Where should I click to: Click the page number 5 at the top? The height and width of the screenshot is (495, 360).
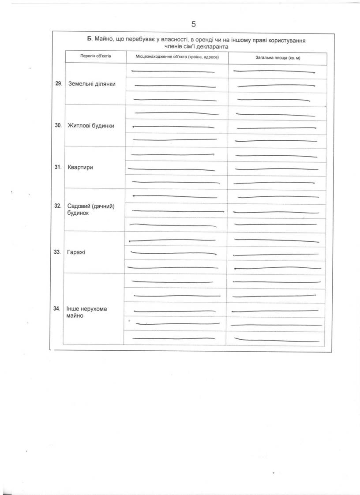tap(193, 24)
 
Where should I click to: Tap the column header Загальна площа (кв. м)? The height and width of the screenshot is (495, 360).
tap(277, 58)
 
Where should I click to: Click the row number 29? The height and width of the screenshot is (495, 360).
tap(59, 83)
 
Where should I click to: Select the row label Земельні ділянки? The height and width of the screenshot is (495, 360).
tap(92, 84)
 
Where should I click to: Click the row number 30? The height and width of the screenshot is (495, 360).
tap(58, 125)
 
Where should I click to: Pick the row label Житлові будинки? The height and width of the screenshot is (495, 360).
tap(91, 125)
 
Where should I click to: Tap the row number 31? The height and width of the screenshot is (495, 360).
tap(58, 168)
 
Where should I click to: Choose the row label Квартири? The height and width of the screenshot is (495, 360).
tap(80, 168)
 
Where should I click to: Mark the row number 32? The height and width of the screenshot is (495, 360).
tap(58, 206)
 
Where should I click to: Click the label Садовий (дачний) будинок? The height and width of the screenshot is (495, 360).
tap(91, 210)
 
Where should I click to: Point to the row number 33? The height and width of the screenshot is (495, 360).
tap(58, 252)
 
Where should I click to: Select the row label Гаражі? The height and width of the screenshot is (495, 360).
tap(76, 252)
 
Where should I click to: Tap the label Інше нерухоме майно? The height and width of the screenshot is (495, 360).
tap(86, 312)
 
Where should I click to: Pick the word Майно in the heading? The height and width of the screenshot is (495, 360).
tap(104, 40)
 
